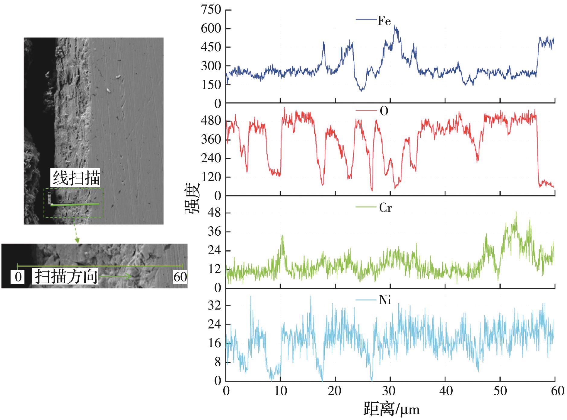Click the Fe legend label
pos(384,21)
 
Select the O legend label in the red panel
pos(384,111)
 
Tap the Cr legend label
pos(385,208)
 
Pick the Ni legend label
pos(385,301)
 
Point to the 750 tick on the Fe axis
pos(211,10)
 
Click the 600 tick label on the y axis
pos(211,29)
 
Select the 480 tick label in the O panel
pos(211,121)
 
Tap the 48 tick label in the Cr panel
pos(214,213)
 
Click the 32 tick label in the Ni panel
pos(214,306)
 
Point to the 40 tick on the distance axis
pos(446,391)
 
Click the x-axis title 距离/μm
pos(391,409)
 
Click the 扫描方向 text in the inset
pos(66,276)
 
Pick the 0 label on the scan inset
pos(18,277)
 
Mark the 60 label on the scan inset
pos(180,277)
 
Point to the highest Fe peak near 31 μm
pos(395,27)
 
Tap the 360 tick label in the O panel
pos(211,140)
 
